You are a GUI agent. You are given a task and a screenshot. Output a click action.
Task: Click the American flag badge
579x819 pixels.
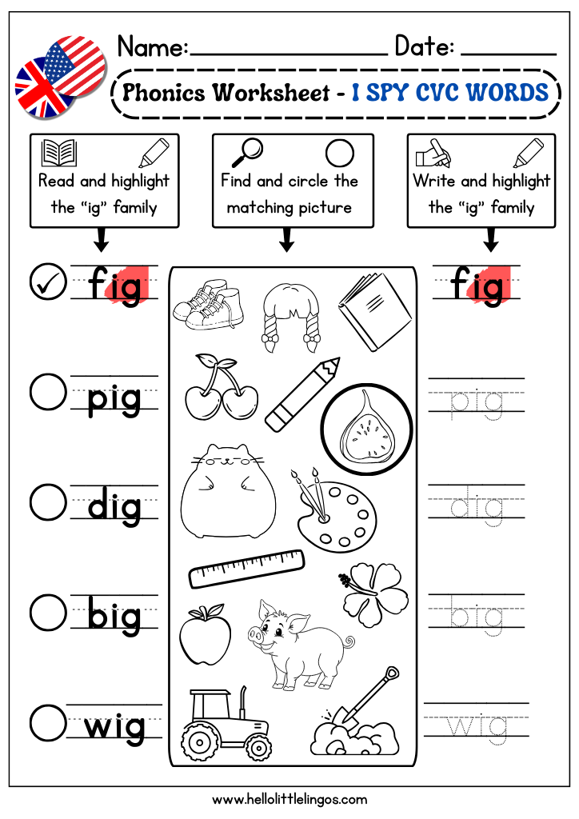pos(76,66)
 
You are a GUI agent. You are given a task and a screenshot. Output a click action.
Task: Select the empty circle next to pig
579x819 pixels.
pos(48,391)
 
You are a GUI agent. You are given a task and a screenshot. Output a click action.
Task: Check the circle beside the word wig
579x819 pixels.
pos(48,723)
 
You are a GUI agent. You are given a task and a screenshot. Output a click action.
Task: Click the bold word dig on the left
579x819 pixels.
pos(114,505)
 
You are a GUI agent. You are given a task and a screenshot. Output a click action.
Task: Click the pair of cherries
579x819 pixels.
pos(221,387)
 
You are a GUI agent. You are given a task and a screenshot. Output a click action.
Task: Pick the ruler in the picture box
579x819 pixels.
pos(246,569)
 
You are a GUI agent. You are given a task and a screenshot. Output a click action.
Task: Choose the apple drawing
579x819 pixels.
pos(206,634)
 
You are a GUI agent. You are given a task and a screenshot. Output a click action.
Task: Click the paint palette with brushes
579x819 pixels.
pos(333,509)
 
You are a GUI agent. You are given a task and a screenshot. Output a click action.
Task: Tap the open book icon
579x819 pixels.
pos(59,153)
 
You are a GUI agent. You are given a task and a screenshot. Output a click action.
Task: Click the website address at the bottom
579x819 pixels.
pos(289,799)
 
